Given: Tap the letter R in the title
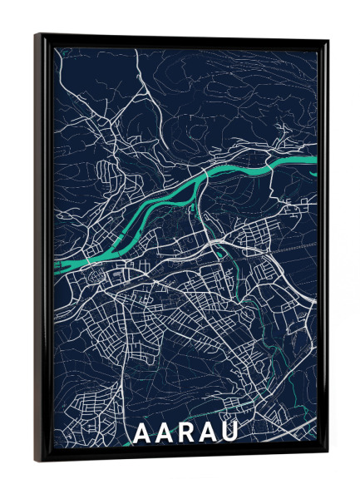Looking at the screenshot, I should [185, 432].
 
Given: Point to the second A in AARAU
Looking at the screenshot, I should [163, 432].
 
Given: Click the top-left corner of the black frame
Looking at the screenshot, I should [37, 36].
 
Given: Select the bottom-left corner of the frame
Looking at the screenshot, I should [37, 460].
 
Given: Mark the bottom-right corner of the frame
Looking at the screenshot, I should [327, 455].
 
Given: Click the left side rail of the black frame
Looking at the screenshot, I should [43, 249].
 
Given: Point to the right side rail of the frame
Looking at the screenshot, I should [322, 249].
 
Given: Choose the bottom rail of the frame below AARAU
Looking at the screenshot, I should [183, 454].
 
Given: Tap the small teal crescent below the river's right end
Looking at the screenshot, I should [313, 173].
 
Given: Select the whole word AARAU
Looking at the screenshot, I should [185, 432].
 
